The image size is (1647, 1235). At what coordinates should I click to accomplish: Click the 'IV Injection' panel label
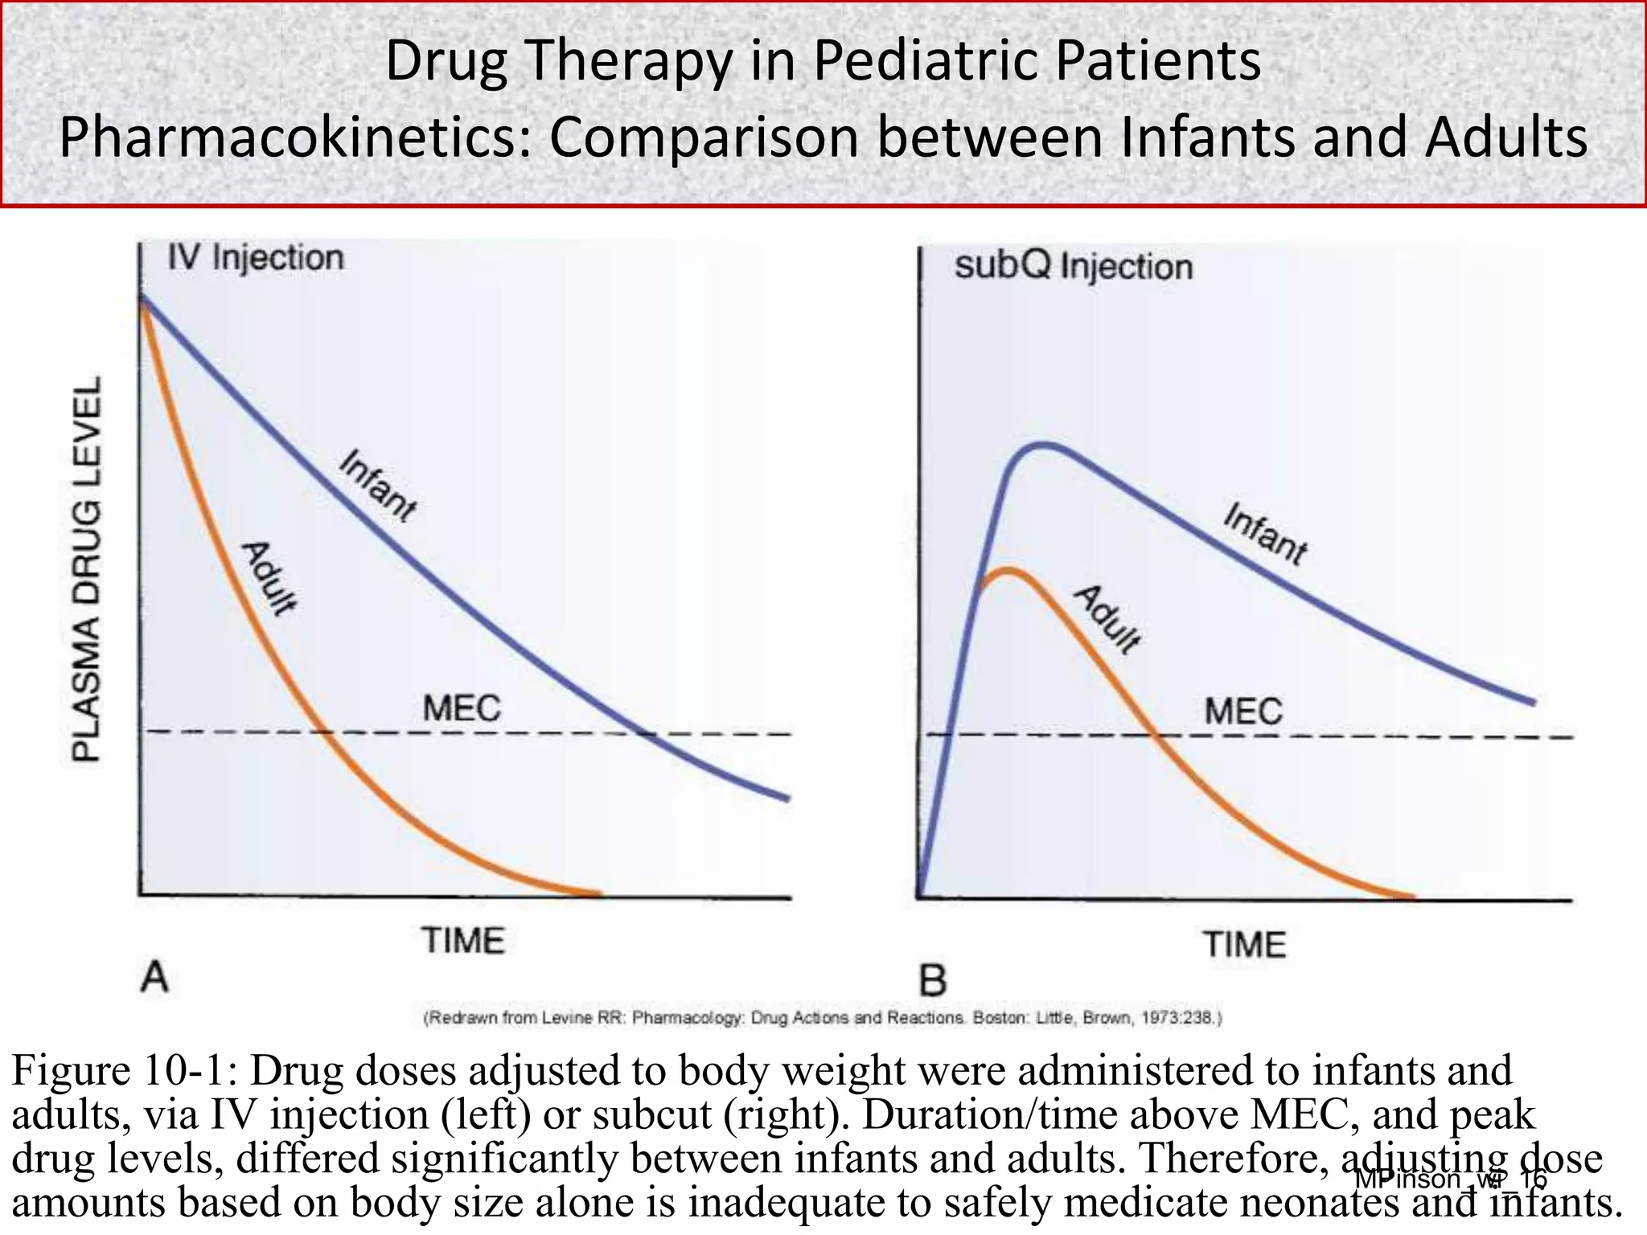pos(255,258)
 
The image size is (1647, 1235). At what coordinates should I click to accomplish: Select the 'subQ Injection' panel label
pos(1073,266)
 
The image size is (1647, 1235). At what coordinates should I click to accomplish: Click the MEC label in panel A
pos(462,708)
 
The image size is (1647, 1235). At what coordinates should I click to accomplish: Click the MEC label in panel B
pos(1243,712)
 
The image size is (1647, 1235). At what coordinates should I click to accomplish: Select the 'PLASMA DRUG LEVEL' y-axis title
pos(87,569)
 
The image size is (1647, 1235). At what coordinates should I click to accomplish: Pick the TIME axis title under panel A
pos(464,941)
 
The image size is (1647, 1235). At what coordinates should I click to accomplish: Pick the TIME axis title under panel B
pos(1244,944)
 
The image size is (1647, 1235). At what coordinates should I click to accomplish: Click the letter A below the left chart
pos(154,979)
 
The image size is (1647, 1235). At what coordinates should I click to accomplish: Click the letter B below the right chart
pos(933,982)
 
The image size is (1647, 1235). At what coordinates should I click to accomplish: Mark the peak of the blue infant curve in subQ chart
pos(1042,444)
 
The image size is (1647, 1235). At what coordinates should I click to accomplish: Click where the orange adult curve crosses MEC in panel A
pos(322,732)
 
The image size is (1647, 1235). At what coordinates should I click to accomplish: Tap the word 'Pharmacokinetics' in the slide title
pos(290,137)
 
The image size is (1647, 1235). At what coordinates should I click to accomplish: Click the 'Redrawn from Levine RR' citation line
pos(822,1018)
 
